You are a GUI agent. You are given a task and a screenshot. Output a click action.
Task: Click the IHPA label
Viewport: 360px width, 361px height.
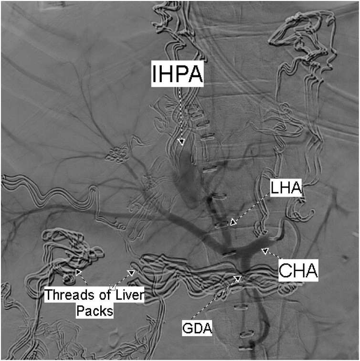tap(178, 74)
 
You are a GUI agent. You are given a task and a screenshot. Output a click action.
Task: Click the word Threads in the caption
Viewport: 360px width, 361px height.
tap(65, 295)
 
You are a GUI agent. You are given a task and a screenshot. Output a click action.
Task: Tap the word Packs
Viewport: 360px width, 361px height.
tap(97, 311)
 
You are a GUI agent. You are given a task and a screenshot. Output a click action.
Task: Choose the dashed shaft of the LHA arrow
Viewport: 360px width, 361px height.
tap(253, 207)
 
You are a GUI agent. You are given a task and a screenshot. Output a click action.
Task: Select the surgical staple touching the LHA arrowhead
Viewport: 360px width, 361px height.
tap(222, 225)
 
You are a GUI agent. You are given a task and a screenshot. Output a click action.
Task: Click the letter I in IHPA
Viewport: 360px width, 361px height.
tap(156, 74)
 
